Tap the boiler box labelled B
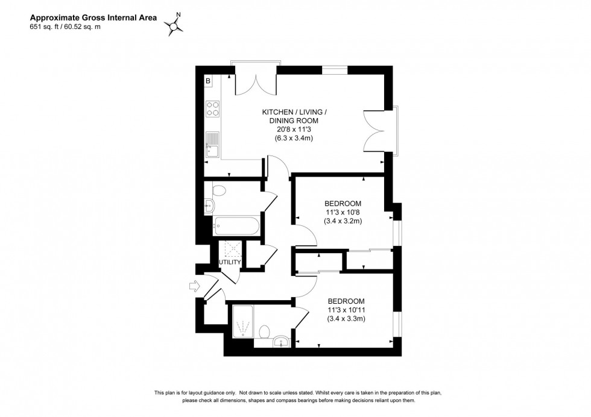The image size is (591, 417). pos(208,80)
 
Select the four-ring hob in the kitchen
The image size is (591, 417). pos(212,108)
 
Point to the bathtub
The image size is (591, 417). pos(237,227)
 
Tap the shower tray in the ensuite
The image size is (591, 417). pos(244,322)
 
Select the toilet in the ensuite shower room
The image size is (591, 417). pos(264,331)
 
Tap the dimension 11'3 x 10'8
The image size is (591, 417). pos(343,212)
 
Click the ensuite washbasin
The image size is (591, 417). pos(281,343)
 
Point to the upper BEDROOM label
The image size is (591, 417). pos(343,202)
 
